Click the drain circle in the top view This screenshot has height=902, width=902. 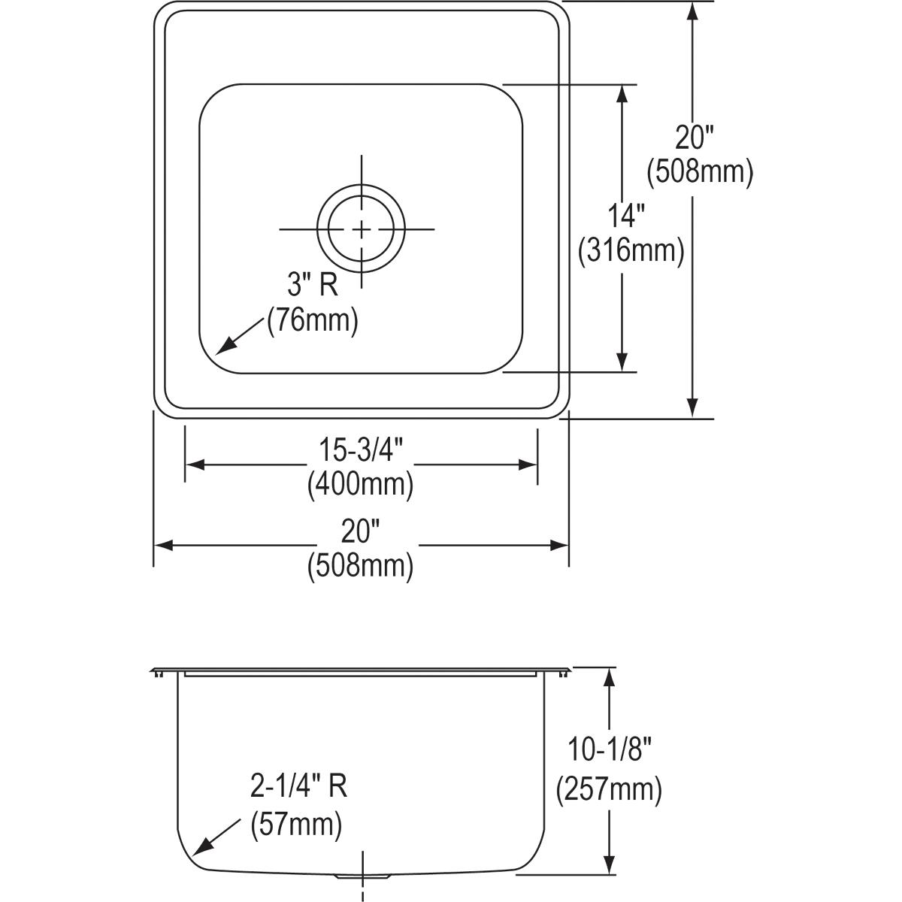point(361,228)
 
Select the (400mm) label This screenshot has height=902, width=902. point(360,486)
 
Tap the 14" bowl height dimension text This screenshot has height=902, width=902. point(627,217)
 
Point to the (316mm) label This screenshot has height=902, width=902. point(631,251)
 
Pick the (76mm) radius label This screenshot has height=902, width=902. point(313,320)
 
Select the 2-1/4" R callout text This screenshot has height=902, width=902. point(298,788)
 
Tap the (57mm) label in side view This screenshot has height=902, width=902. point(296,825)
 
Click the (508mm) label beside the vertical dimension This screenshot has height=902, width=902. point(700,172)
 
